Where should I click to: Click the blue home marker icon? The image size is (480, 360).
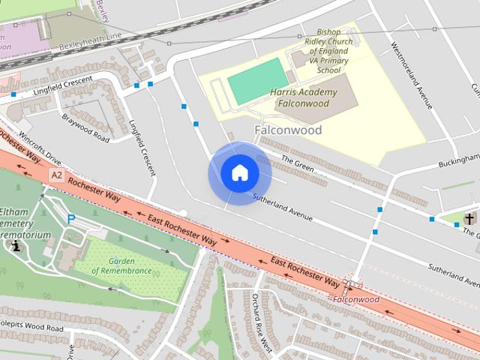coord(239,173)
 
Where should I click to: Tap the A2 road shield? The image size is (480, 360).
coord(56,175)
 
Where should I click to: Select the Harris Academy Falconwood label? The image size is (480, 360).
coord(303,97)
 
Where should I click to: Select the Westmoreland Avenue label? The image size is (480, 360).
coord(412,75)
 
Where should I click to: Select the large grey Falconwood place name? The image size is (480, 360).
coord(288,130)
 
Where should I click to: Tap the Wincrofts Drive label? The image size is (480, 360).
coord(40,148)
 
